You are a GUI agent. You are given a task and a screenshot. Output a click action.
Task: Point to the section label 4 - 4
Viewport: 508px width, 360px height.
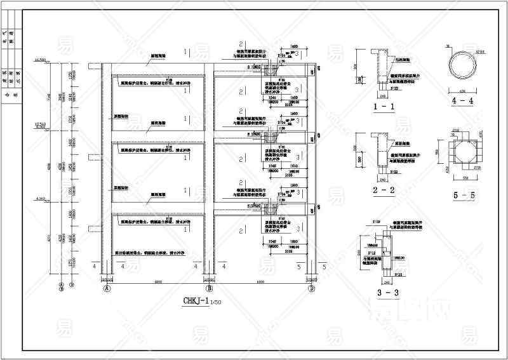coord(462,100)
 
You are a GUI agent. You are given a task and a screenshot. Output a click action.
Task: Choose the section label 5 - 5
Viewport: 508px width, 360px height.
coord(462,196)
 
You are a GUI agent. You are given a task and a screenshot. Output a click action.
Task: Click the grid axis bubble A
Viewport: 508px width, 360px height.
coord(107,288)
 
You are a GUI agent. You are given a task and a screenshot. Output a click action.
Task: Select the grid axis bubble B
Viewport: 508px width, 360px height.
coord(208,288)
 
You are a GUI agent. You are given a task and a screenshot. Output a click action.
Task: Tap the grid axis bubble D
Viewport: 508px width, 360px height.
coord(311,288)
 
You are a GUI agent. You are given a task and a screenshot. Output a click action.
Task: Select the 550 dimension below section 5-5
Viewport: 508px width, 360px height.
coord(462,177)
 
